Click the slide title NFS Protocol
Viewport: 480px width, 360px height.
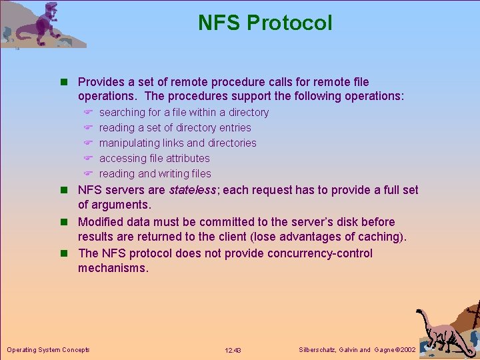pyautogui.click(x=265, y=23)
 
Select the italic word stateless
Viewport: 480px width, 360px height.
pyautogui.click(x=193, y=190)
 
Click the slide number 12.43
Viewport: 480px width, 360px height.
pyautogui.click(x=233, y=350)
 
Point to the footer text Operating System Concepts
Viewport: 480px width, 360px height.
pyautogui.click(x=48, y=349)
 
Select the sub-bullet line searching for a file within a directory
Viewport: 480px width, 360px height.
pyautogui.click(x=184, y=112)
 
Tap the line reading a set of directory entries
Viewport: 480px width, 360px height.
pyautogui.click(x=175, y=127)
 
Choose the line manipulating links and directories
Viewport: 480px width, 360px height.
pyautogui.click(x=177, y=143)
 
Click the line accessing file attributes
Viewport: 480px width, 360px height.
pyautogui.click(x=154, y=158)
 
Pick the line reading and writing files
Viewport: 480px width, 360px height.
pyautogui.click(x=155, y=173)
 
